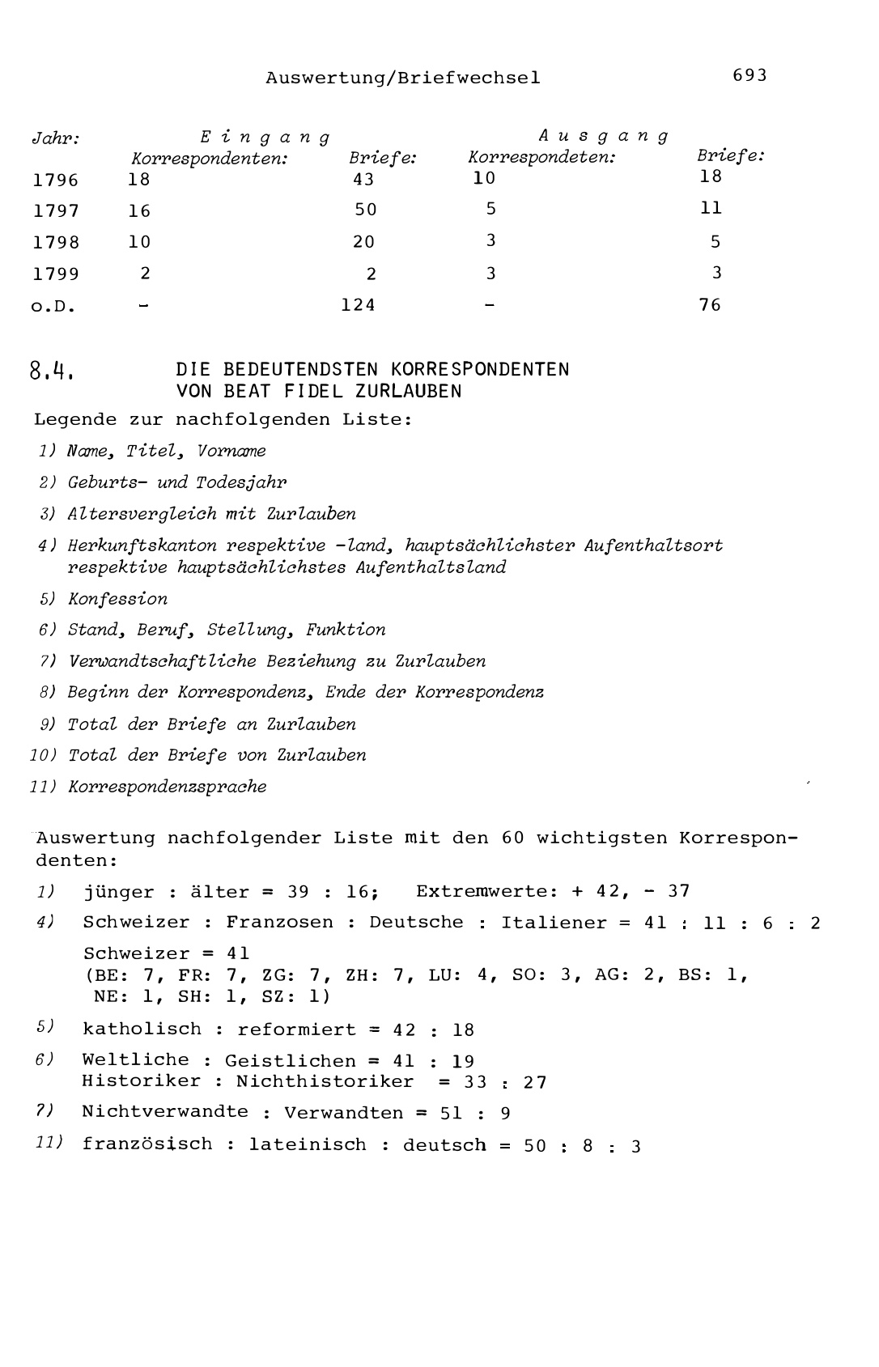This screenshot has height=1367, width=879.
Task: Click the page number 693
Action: [749, 75]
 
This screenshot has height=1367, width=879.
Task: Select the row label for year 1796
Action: [56, 180]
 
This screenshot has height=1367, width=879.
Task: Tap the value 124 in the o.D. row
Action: [358, 305]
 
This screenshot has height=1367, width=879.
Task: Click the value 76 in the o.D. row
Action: [710, 305]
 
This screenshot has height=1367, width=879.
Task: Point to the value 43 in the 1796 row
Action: [363, 180]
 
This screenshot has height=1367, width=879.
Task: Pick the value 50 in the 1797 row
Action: [366, 210]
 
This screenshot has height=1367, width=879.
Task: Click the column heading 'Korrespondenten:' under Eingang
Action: [210, 159]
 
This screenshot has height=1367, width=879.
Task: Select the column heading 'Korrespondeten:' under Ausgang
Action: [541, 157]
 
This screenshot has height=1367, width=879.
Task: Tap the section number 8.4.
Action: [53, 371]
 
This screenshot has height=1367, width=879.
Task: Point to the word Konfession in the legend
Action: [118, 600]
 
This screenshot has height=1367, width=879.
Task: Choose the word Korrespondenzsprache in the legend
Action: [168, 787]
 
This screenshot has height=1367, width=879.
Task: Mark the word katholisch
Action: [142, 1029]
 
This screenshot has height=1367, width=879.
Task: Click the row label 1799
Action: [56, 274]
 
